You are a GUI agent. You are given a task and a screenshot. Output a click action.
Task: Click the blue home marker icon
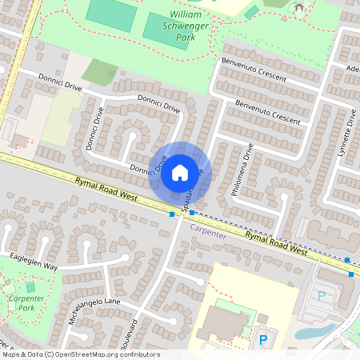pos(180,172)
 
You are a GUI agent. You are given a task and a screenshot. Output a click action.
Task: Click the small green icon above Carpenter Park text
pos(30,286)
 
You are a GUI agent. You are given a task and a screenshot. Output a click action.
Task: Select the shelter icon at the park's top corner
pos(299,8)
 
